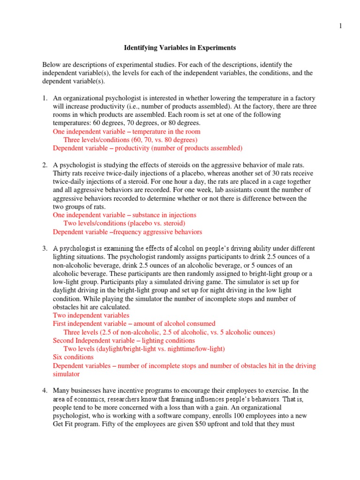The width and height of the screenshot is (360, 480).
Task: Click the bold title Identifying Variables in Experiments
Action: click(x=180, y=48)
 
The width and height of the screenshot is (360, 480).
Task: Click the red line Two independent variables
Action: click(x=91, y=315)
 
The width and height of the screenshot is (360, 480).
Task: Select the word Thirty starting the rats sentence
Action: click(x=62, y=173)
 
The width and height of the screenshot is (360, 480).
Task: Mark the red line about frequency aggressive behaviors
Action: click(x=127, y=232)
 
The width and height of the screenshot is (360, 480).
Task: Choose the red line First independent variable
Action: click(x=134, y=323)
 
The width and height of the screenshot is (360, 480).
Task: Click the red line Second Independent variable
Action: click(x=124, y=340)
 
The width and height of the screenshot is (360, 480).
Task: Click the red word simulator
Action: click(x=66, y=374)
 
